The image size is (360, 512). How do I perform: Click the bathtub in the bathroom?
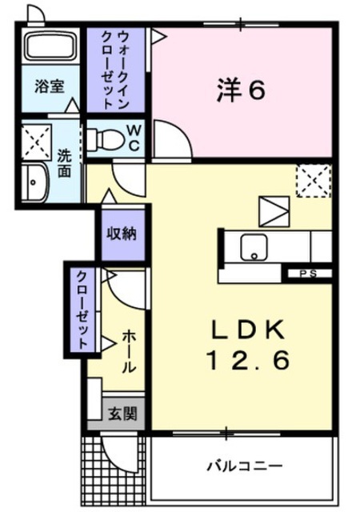[x=50, y=46]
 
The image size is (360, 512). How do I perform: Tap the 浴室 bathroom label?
[x=50, y=87]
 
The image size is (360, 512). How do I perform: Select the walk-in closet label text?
[x=115, y=70]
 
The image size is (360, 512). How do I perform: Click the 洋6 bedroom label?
[x=241, y=90]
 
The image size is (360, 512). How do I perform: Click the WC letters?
[x=134, y=138]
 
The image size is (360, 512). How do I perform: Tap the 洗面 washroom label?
[x=64, y=163]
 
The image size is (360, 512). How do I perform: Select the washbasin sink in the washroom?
[x=35, y=182]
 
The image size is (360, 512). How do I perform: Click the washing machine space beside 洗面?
[x=37, y=142]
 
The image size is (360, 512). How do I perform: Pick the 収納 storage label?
[x=122, y=234]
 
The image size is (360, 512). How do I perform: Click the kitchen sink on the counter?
[x=254, y=247]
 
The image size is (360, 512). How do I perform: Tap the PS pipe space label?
[x=308, y=274]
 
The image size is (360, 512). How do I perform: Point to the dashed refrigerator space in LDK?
[x=314, y=181]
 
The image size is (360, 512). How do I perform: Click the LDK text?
[x=247, y=330]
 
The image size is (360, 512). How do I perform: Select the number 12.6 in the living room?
[x=248, y=360]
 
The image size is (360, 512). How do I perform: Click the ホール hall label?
[x=129, y=352]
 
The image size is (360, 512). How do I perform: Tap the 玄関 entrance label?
[x=122, y=414]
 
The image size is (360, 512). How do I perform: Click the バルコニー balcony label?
[x=244, y=466]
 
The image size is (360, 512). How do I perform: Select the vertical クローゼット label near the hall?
[x=82, y=310]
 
